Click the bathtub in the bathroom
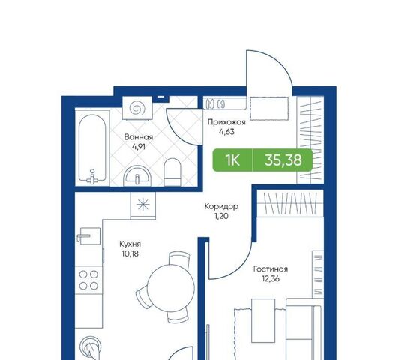click(92, 148)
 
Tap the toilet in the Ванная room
click(172, 172)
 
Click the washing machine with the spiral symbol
click(137, 107)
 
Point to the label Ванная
click(139, 137)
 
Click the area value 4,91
click(139, 147)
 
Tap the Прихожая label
click(226, 123)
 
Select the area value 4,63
click(226, 132)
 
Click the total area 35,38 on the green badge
click(283, 160)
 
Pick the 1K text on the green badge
click(232, 160)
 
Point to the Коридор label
click(221, 206)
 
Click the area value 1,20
click(221, 216)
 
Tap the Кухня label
click(130, 244)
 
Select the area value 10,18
click(130, 254)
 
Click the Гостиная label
click(271, 269)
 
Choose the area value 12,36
click(271, 279)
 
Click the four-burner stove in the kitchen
click(88, 280)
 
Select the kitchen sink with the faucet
click(88, 236)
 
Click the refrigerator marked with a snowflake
click(143, 205)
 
